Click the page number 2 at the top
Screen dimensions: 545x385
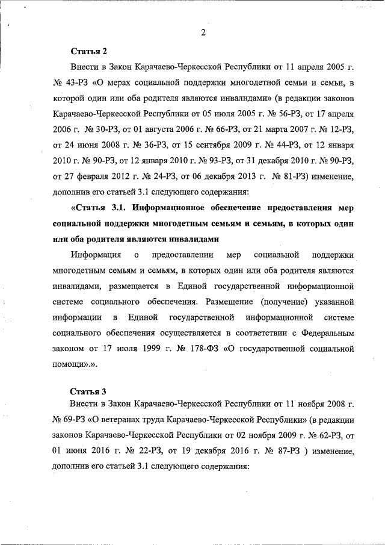pyautogui.click(x=203, y=33)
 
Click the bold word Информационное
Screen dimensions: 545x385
pyautogui.click(x=173, y=208)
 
